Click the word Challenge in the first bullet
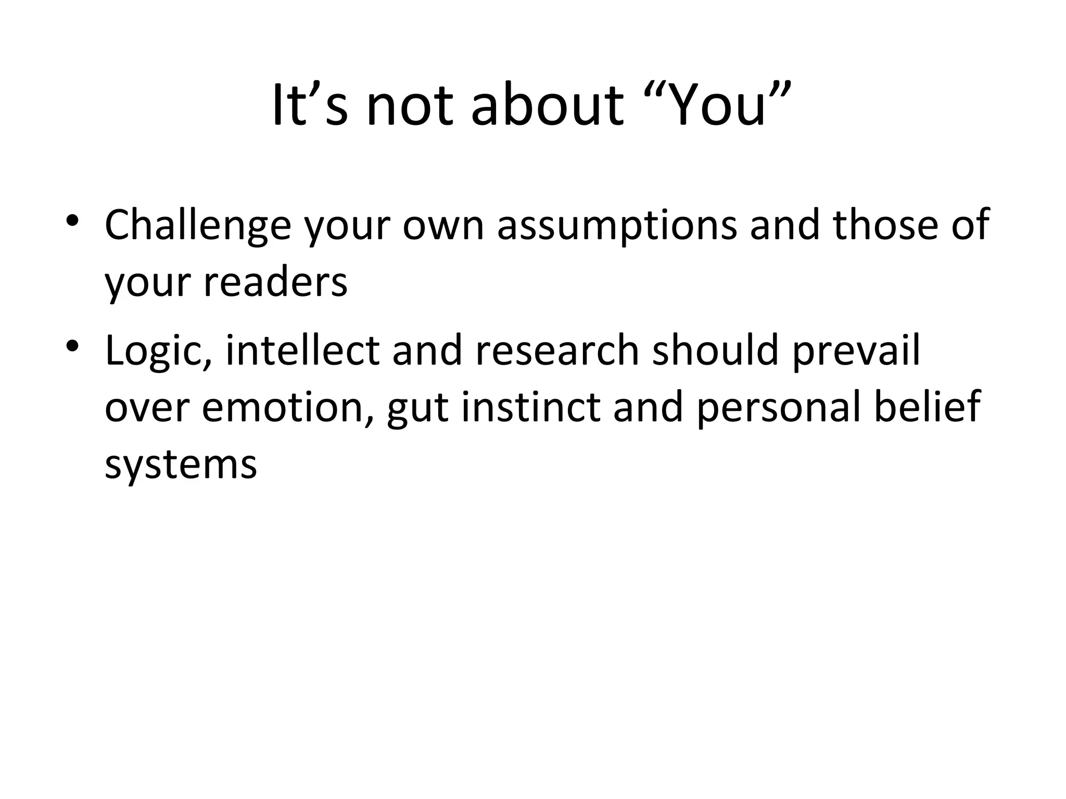tap(198, 225)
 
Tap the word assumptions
tap(617, 225)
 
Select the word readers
tap(275, 282)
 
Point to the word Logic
tap(158, 351)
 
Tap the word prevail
tap(856, 351)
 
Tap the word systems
tap(181, 465)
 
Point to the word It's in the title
tap(310, 106)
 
